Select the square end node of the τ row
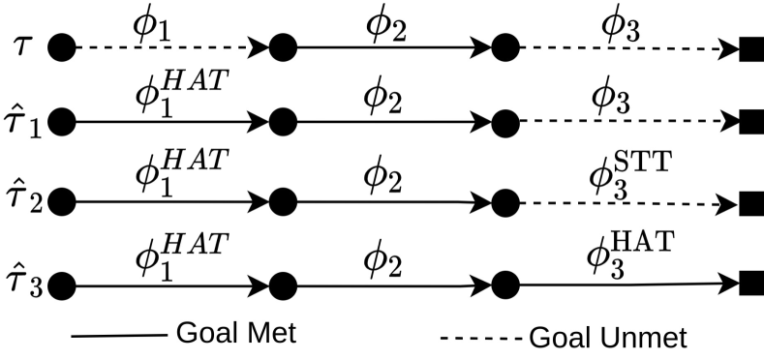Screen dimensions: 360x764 (749, 46)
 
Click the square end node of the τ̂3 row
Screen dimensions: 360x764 (749, 285)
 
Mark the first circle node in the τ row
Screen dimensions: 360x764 (62, 45)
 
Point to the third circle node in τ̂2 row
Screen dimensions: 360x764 (504, 203)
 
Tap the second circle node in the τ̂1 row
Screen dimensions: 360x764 (283, 124)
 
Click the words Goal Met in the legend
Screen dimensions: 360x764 (235, 334)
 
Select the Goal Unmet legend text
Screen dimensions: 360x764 (607, 337)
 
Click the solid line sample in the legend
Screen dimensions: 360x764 (119, 336)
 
